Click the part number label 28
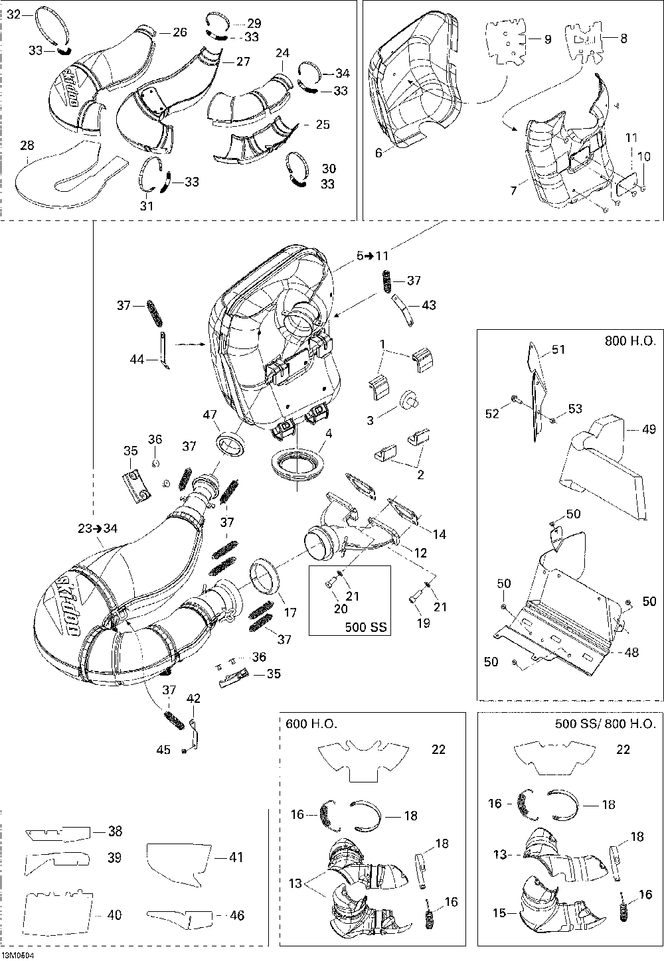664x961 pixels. [27, 145]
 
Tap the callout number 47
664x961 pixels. [210, 414]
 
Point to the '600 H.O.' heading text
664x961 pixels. [311, 724]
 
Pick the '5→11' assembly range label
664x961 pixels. [373, 256]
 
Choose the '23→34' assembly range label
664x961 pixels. [98, 528]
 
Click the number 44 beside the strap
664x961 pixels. [137, 359]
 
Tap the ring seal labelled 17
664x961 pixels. [264, 576]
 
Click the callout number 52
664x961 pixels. [492, 413]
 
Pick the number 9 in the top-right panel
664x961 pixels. [547, 39]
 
